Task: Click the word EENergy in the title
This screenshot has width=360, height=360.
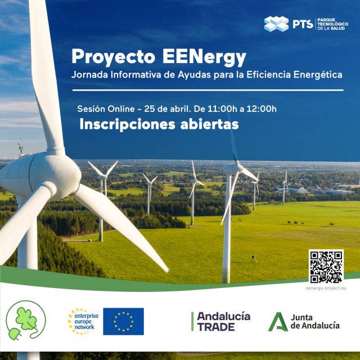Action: click(204, 57)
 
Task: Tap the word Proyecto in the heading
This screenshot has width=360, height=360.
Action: click(113, 57)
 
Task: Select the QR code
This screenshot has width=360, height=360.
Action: click(326, 267)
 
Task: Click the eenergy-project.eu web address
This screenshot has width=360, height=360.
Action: click(326, 289)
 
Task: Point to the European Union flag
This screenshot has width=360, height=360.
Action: click(124, 321)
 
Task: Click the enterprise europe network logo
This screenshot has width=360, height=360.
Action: click(83, 321)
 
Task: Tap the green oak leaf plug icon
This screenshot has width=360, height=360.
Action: click(26, 321)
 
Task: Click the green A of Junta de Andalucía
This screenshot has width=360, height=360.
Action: click(278, 322)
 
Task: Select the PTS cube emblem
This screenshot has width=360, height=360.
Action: click(276, 24)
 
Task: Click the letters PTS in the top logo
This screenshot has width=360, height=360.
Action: click(303, 24)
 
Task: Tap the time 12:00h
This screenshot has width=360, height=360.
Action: click(262, 109)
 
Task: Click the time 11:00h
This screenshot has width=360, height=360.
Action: click(222, 109)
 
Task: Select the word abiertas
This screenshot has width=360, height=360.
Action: click(209, 124)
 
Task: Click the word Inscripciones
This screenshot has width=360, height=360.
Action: click(128, 125)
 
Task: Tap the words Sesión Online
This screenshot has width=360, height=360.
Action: click(106, 109)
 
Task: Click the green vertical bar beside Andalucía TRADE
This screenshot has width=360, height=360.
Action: click(192, 321)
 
